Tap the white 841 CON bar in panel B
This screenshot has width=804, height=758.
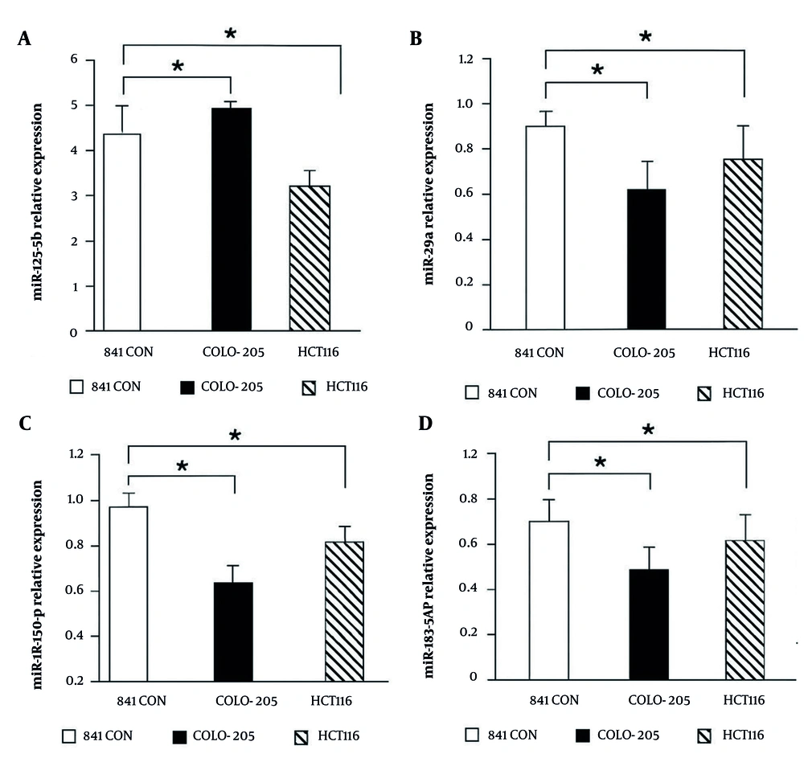point(545,227)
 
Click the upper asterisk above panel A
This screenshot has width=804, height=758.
point(231,34)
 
